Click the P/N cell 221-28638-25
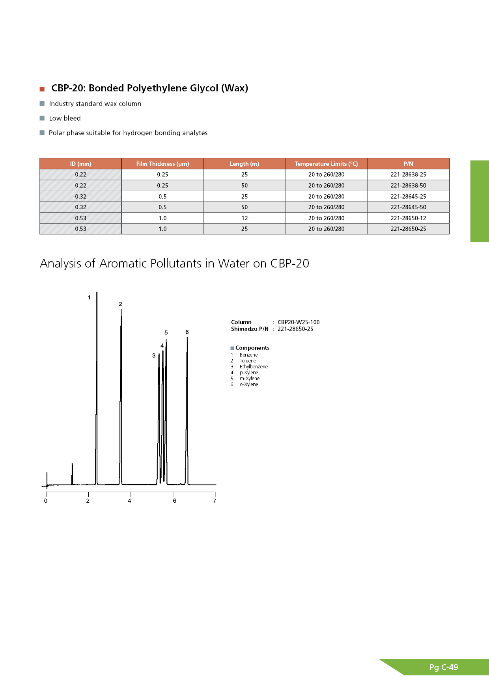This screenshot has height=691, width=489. (x=408, y=175)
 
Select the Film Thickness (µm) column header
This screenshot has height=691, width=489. (x=162, y=164)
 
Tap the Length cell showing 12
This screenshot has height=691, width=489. (x=244, y=218)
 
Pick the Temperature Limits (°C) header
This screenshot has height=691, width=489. (x=326, y=164)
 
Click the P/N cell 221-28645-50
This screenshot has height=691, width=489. (x=408, y=207)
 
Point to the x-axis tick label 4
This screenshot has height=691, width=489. (x=129, y=501)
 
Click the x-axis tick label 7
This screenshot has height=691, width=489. (x=215, y=501)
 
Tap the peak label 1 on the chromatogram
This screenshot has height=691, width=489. (x=89, y=297)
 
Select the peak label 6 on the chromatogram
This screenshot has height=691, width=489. (x=187, y=332)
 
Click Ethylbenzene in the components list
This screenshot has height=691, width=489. (x=254, y=367)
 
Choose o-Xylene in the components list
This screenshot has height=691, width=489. (x=249, y=385)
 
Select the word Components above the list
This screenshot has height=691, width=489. (x=252, y=348)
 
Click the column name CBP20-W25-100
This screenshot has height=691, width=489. (x=299, y=322)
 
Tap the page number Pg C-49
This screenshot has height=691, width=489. (x=444, y=667)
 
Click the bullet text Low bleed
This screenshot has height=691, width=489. (x=65, y=118)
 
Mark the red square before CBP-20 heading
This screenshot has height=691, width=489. (x=42, y=89)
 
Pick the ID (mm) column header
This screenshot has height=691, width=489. (x=80, y=164)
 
